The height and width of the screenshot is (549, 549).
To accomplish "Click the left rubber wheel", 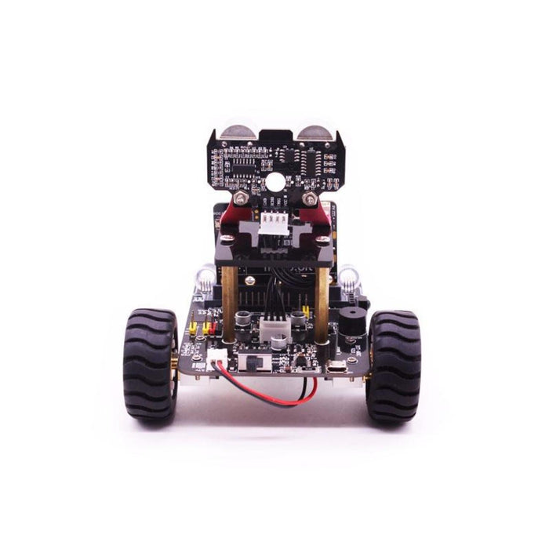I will tap(150, 365).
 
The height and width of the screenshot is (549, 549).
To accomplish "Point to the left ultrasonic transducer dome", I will tap(234, 129).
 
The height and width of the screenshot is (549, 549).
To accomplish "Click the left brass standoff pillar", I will tap(230, 302).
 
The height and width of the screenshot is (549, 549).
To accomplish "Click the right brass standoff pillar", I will tap(322, 302).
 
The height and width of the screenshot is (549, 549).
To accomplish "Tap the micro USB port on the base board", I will tap(335, 368).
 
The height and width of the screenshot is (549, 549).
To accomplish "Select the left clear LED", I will tap(205, 276).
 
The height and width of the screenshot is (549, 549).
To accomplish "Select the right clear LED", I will tap(347, 276).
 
